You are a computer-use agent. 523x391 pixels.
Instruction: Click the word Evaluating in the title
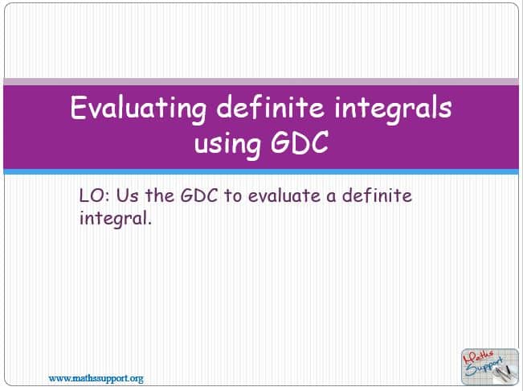(x=138, y=109)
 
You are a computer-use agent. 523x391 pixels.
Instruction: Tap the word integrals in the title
(x=393, y=109)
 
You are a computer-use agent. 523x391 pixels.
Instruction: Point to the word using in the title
(x=227, y=144)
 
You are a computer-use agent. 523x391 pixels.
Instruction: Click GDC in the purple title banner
(x=300, y=142)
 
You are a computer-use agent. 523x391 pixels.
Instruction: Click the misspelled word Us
(x=127, y=195)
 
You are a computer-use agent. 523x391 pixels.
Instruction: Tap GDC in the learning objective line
(x=199, y=195)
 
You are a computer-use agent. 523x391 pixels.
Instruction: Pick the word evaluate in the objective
(x=284, y=195)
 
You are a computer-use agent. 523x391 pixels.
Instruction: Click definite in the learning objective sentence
(x=378, y=195)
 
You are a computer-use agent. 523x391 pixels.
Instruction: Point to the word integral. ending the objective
(x=116, y=219)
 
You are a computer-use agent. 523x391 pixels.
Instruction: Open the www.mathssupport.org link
(x=96, y=379)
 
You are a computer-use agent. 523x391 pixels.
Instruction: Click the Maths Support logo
(x=489, y=367)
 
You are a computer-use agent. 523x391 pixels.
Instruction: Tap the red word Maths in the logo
(x=478, y=358)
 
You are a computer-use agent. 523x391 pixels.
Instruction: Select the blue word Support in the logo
(x=483, y=368)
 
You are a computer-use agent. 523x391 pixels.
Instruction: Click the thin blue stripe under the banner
(x=261, y=171)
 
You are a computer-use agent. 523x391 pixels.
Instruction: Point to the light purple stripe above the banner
(x=261, y=82)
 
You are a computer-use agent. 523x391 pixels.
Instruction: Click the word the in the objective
(x=159, y=195)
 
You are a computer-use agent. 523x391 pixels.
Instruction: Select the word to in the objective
(x=232, y=196)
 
